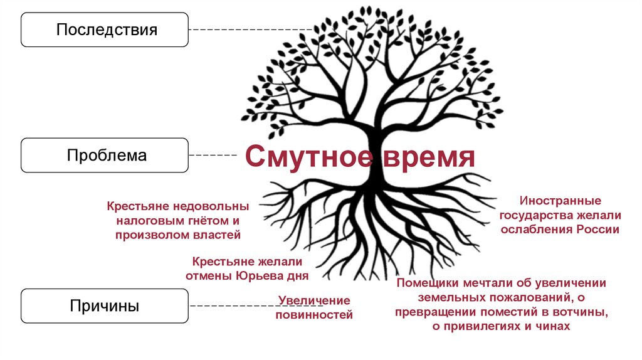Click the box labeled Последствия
tap(105, 29)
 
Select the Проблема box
tap(105, 156)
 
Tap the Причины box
tap(105, 306)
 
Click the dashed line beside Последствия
tap(251, 29)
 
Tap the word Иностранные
tap(560, 201)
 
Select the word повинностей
tap(314, 315)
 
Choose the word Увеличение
tap(314, 301)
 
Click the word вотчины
tap(582, 312)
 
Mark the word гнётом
tap(202, 221)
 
